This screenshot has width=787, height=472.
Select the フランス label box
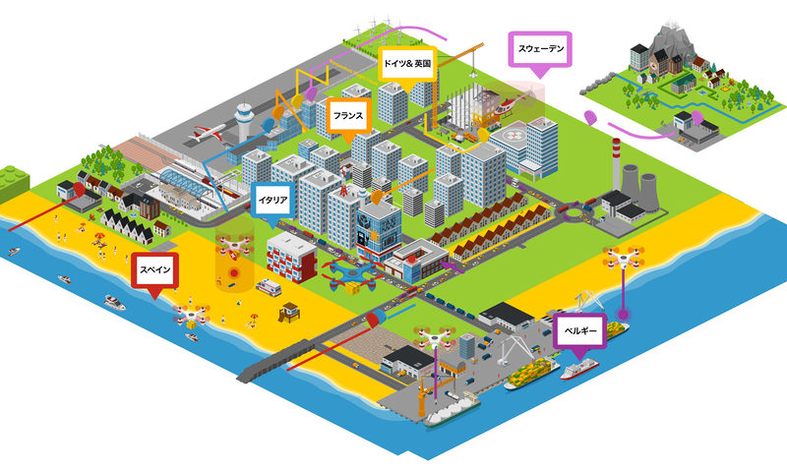[x=349, y=115]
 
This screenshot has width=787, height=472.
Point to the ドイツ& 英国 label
[x=406, y=64]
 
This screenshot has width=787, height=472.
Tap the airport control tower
[x=244, y=124]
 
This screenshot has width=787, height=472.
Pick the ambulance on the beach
[x=267, y=287]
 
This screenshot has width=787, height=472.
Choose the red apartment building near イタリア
[x=291, y=254]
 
